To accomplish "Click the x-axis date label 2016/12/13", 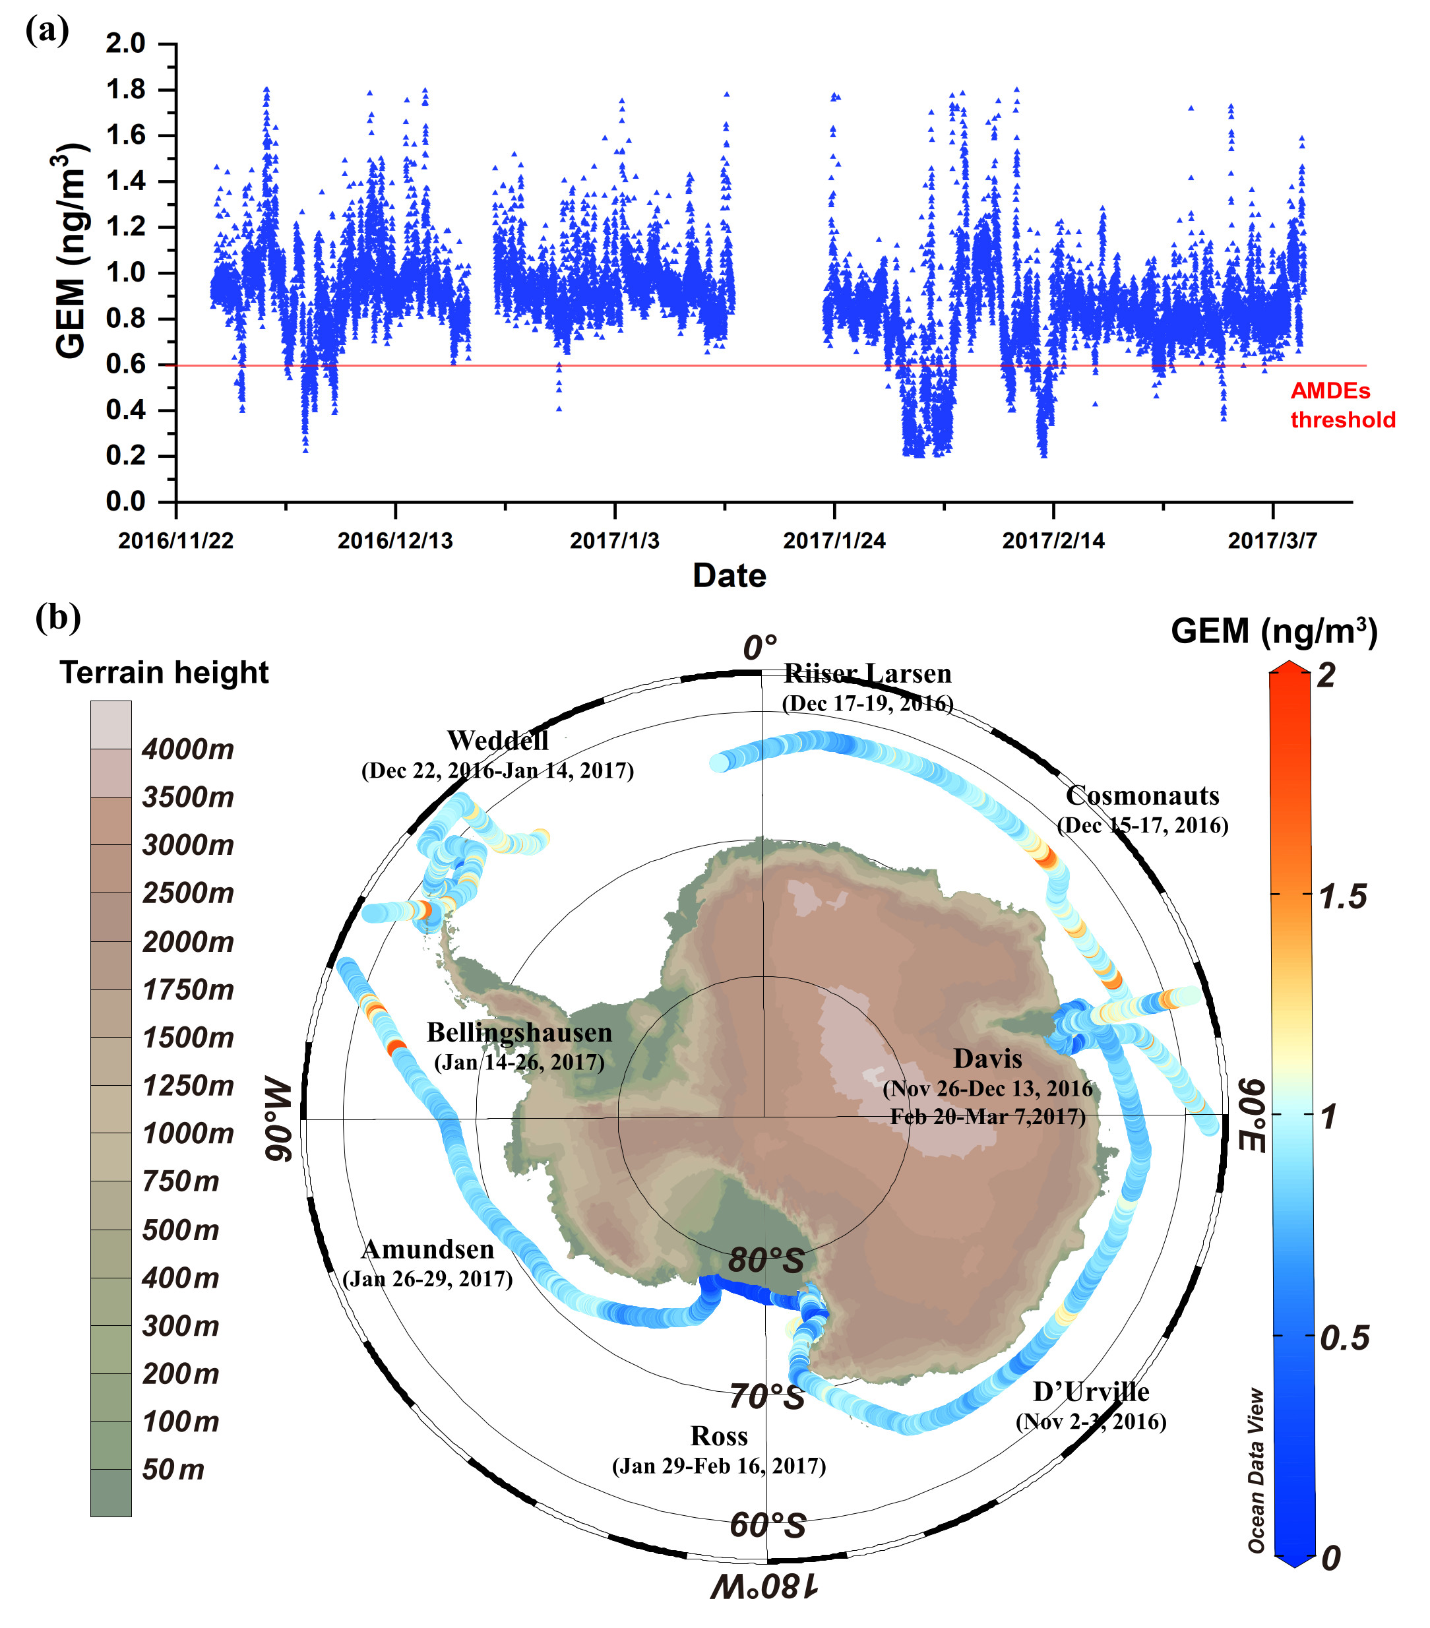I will click(395, 541).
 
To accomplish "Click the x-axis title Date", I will click(729, 576).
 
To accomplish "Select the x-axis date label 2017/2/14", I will click(1053, 541).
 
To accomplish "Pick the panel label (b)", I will click(57, 617).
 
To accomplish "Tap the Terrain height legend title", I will click(164, 673).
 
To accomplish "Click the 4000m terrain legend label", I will click(188, 749).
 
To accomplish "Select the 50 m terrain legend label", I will click(173, 1470).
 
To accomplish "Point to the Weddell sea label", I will click(497, 741).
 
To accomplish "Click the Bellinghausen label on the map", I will click(519, 1032).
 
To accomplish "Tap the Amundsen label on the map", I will click(427, 1249).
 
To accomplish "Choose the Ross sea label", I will click(719, 1436).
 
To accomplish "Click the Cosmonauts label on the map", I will click(1142, 796).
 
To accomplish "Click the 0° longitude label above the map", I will click(760, 648).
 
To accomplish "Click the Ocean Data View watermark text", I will click(1257, 1470).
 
